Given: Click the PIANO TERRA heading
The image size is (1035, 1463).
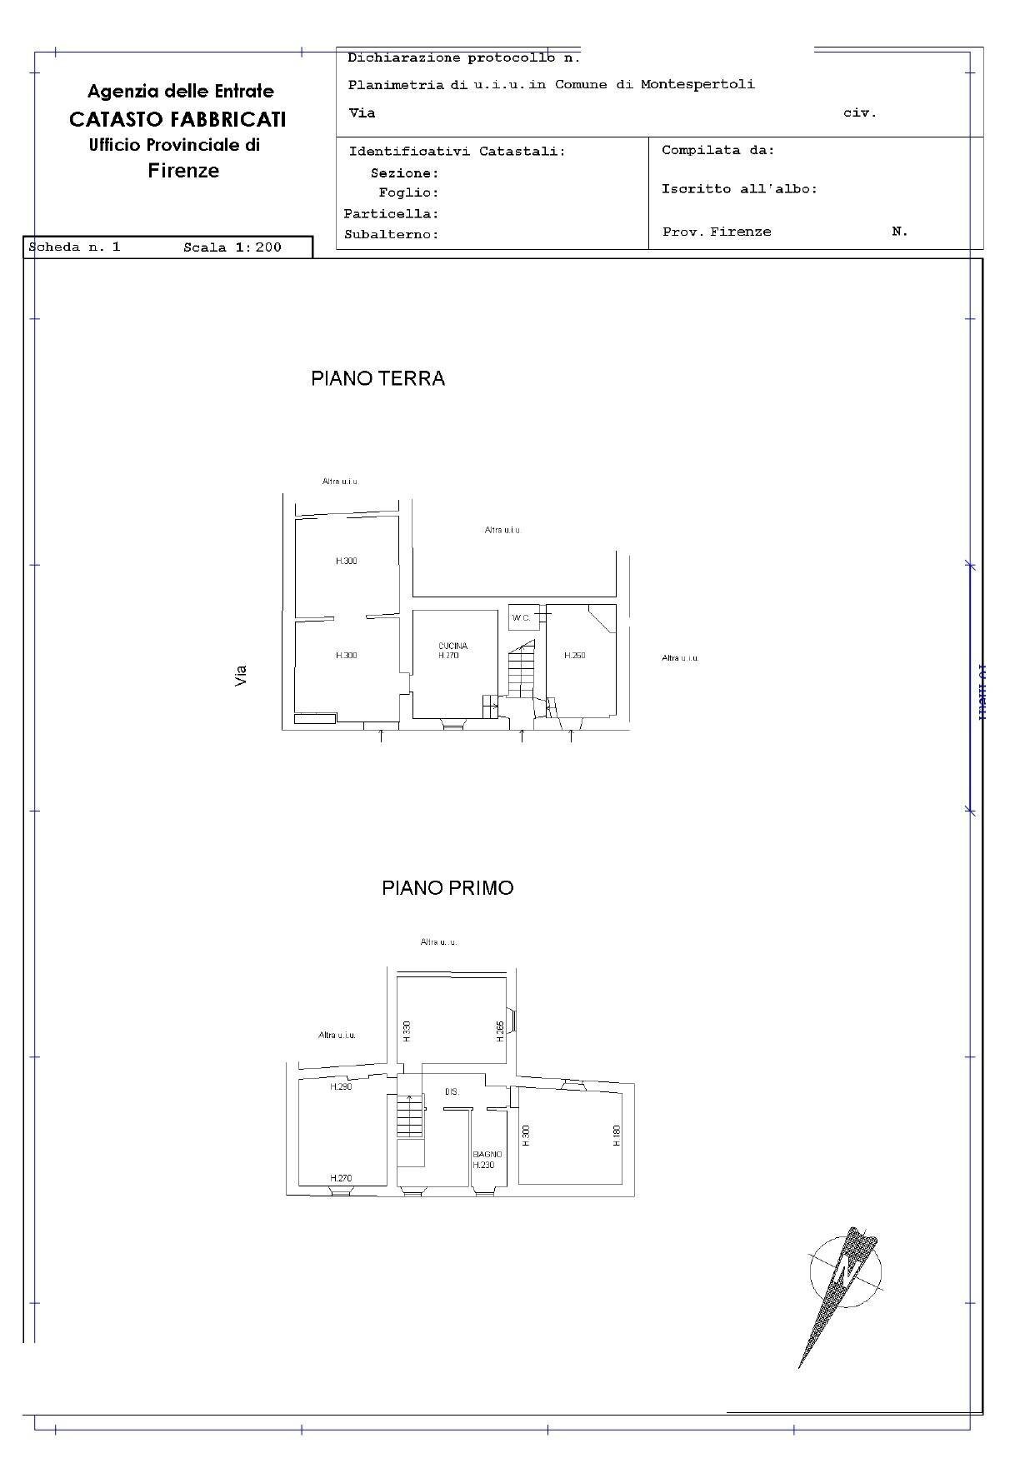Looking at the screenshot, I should click(x=377, y=378).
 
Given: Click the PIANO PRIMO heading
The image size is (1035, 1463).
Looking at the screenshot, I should click(x=447, y=887).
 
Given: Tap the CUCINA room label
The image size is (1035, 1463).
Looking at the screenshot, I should click(x=452, y=646).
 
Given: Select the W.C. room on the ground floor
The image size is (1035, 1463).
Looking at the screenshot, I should click(x=521, y=617).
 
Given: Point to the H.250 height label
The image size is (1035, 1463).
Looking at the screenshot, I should click(x=575, y=656).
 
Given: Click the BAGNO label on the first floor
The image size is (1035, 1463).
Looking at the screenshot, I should click(x=487, y=1154).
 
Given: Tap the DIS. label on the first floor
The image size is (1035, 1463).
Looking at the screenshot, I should click(x=452, y=1091).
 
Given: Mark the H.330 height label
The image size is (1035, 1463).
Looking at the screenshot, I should click(x=407, y=1031).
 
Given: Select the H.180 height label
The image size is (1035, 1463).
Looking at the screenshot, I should click(x=617, y=1136).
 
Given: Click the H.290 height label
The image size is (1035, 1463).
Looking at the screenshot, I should click(x=341, y=1086).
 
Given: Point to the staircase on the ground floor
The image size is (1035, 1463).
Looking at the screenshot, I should click(x=522, y=671).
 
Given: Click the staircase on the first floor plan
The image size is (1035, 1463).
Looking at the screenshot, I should click(x=409, y=1116).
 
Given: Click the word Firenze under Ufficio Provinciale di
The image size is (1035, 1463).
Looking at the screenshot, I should click(x=183, y=171).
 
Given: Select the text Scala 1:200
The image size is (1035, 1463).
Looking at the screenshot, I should click(x=232, y=247).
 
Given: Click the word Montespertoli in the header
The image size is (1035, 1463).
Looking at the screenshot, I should click(x=697, y=84).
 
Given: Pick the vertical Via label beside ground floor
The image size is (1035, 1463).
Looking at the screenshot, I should click(x=241, y=675).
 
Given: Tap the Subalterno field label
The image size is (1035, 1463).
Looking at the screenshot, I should click(x=391, y=235).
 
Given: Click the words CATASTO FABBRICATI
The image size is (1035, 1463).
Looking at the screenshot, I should click(x=177, y=119).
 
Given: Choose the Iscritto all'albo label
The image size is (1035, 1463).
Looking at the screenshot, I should click(x=739, y=189).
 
